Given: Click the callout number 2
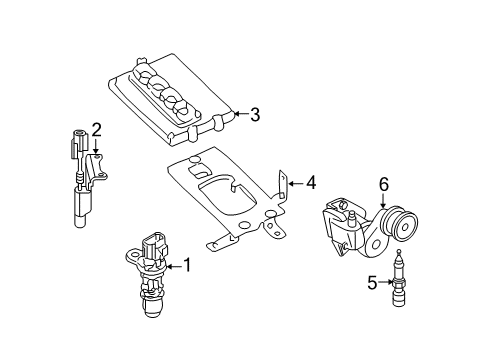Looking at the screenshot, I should click(x=97, y=128).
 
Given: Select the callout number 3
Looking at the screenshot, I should click(x=254, y=115).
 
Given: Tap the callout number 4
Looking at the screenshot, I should click(x=310, y=182).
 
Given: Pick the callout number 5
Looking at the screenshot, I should click(x=372, y=283).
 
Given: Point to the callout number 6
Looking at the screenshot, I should click(x=382, y=183).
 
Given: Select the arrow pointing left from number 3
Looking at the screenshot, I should click(x=238, y=115).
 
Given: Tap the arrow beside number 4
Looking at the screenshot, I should click(x=294, y=182).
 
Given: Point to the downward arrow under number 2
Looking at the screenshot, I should click(x=97, y=146).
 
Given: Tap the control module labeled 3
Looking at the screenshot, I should click(x=180, y=100).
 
